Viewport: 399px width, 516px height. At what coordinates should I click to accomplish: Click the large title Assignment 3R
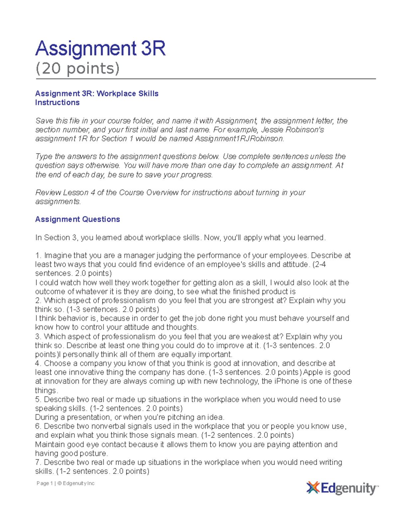pyautogui.click(x=100, y=49)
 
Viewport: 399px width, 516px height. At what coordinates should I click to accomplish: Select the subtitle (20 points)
pyautogui.click(x=77, y=68)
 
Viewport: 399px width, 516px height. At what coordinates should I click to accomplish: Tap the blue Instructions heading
pyautogui.click(x=57, y=102)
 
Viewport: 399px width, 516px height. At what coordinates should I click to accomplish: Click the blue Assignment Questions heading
pyautogui.click(x=77, y=219)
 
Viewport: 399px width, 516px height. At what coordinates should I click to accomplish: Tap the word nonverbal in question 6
pyautogui.click(x=106, y=426)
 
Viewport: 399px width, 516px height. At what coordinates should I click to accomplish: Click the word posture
pyautogui.click(x=94, y=454)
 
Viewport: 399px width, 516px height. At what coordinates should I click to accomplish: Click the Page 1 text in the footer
pyautogui.click(x=45, y=483)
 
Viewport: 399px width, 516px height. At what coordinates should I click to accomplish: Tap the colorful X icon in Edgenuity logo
pyautogui.click(x=313, y=488)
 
